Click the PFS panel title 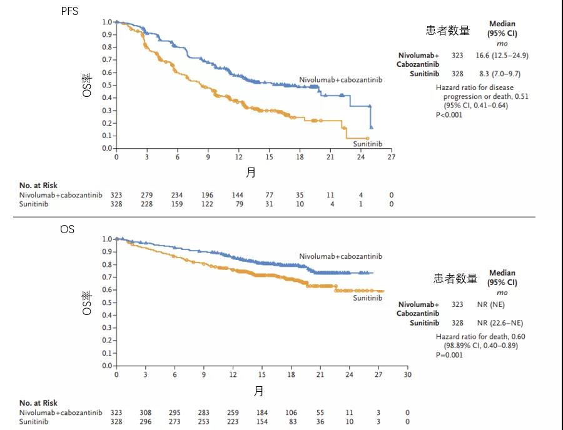(69, 11)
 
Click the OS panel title (67, 229)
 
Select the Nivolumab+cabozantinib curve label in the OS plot (340, 256)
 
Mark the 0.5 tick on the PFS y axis (108, 85)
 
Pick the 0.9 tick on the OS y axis (108, 252)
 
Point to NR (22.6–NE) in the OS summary (500, 323)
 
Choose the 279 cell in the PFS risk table (147, 195)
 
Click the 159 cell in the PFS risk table (178, 204)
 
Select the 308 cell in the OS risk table (145, 412)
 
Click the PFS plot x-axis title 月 (250, 172)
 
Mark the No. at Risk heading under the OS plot (38, 403)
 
